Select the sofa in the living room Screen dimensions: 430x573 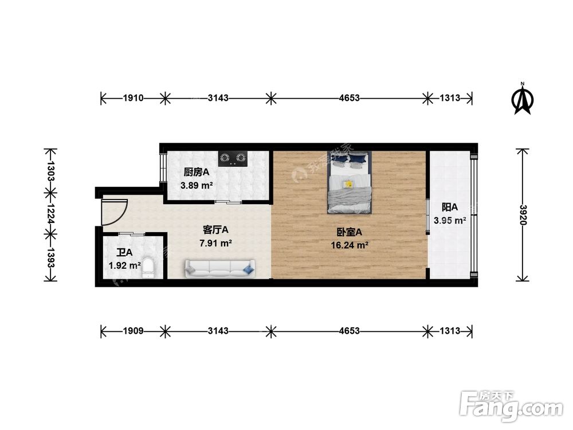(219, 268)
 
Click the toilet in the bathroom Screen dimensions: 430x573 (148, 267)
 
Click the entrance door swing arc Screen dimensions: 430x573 (112, 211)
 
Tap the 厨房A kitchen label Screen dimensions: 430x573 (196, 172)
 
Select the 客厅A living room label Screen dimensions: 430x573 (216, 229)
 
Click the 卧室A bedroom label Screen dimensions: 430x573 (350, 232)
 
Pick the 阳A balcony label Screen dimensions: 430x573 (450, 207)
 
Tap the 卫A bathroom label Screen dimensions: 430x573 (124, 252)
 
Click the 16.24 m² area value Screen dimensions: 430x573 (350, 245)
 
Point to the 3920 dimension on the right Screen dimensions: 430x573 (522, 216)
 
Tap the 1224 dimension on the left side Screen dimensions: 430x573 (50, 214)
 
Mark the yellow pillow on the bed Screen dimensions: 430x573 (347, 184)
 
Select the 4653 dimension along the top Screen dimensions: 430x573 (349, 98)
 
